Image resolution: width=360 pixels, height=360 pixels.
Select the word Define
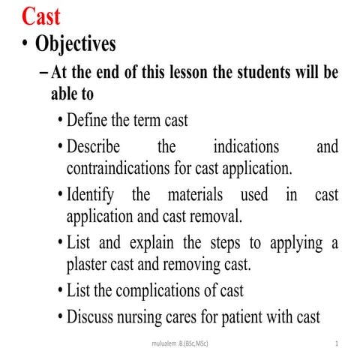88,120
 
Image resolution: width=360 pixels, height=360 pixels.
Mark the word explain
149,243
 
